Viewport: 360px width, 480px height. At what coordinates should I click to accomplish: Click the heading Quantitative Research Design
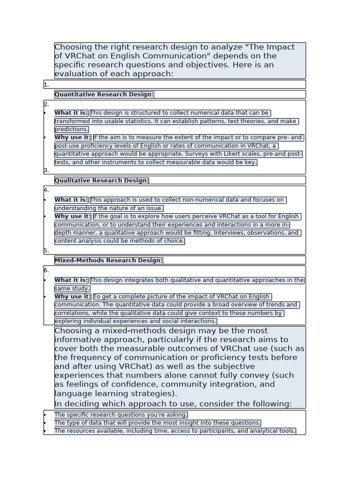click(x=104, y=95)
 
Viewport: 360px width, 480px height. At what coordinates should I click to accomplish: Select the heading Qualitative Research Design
click(x=102, y=180)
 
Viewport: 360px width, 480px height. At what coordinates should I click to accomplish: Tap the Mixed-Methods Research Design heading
click(x=109, y=261)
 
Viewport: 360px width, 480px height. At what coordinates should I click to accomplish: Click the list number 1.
click(x=46, y=85)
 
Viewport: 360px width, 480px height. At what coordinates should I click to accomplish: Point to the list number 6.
click(x=46, y=270)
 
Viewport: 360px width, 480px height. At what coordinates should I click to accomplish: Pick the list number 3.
click(x=46, y=171)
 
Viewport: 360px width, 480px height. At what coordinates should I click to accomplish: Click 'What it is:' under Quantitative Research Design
click(x=71, y=113)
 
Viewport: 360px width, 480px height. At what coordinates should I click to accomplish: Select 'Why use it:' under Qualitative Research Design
click(x=73, y=217)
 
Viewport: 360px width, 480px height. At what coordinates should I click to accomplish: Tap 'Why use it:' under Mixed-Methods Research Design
click(x=73, y=297)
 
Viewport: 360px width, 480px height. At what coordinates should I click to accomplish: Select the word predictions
click(x=71, y=129)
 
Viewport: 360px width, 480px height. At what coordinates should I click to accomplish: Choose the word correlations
click(x=72, y=313)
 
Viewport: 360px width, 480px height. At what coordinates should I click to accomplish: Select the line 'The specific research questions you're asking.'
click(x=121, y=415)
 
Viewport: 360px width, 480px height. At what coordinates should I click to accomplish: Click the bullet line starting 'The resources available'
click(x=175, y=431)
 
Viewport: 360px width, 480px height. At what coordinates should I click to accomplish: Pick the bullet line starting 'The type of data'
click(x=157, y=423)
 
